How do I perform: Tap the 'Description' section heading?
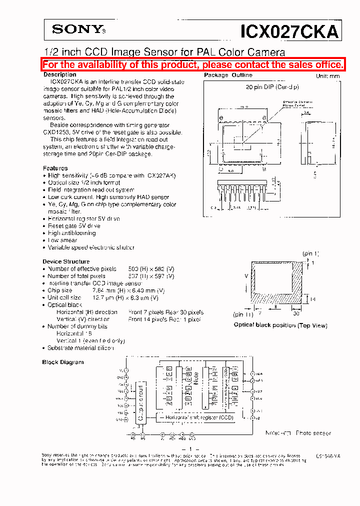60,74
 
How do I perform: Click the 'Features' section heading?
55,168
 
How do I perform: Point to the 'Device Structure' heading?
66,261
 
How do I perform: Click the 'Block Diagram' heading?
63,362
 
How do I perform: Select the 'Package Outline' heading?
228,75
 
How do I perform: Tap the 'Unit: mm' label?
327,76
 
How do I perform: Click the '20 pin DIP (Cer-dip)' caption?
272,86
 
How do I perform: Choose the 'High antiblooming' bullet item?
71,233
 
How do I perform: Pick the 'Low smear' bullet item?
62,240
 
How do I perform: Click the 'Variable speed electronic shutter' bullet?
90,247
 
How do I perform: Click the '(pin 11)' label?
243,314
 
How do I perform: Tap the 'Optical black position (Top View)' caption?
280,325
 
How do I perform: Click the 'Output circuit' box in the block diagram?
141,403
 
